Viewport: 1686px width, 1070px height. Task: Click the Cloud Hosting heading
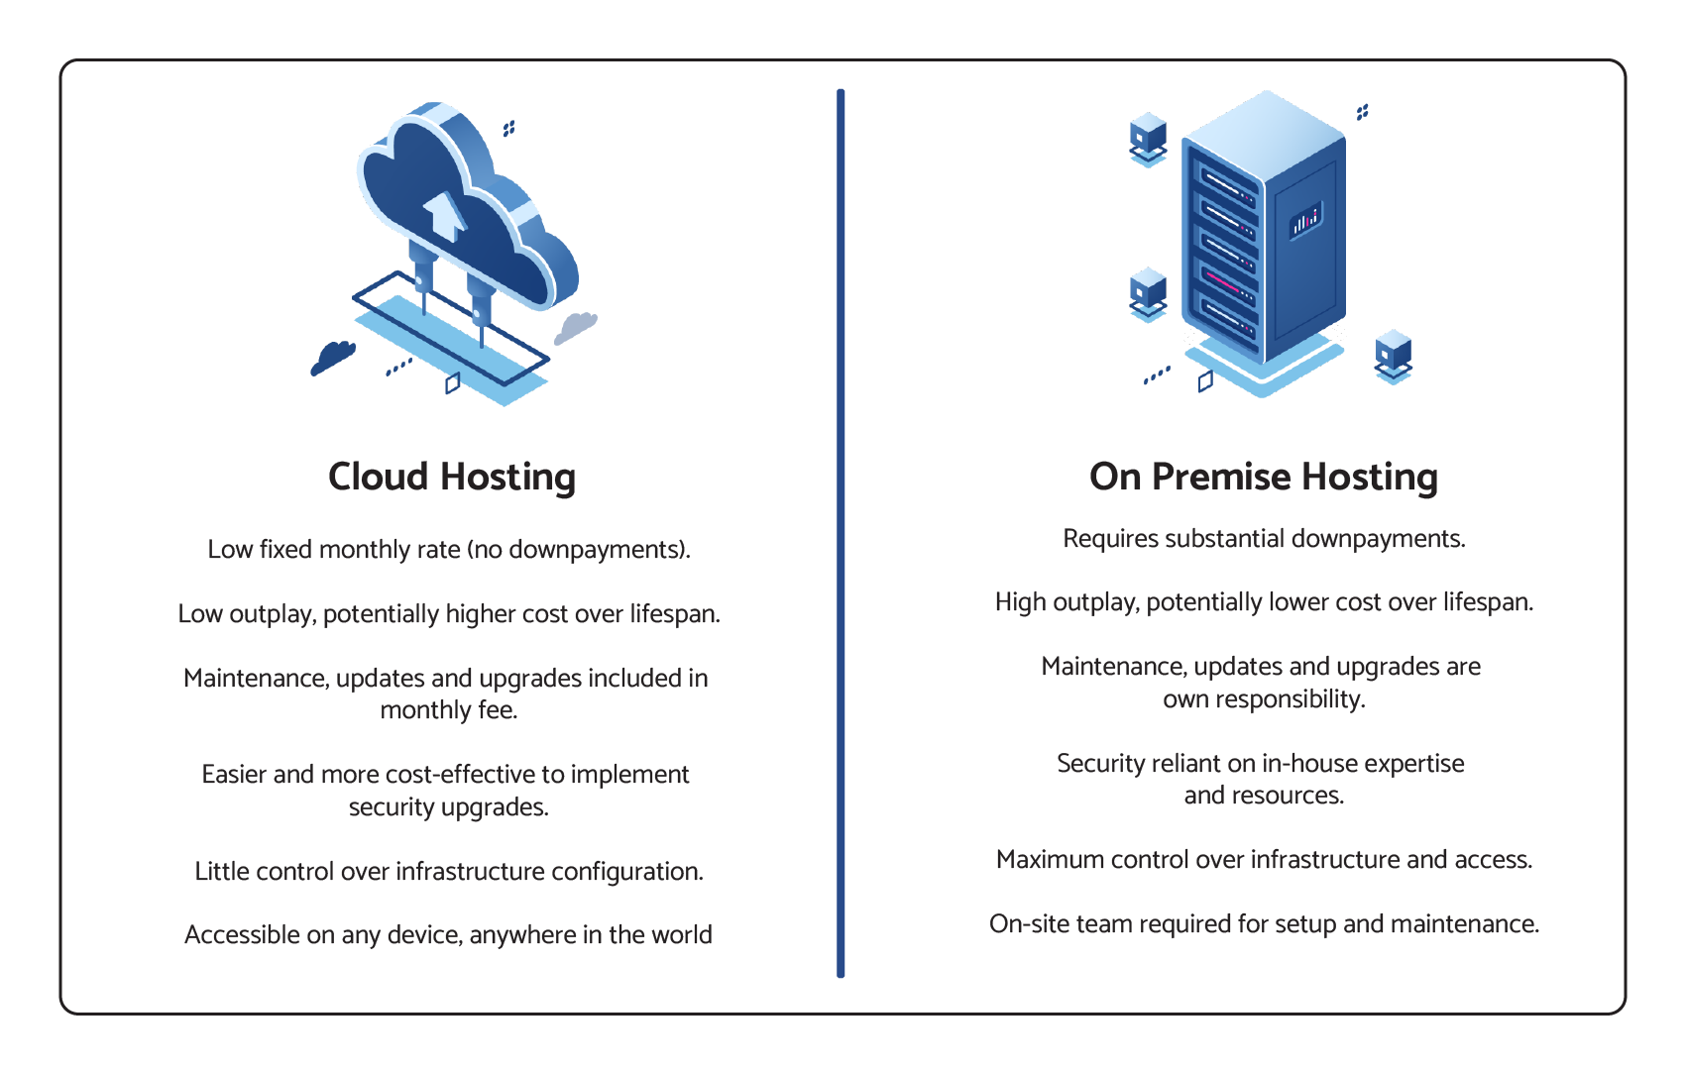point(451,478)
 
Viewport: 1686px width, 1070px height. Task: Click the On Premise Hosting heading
point(1263,478)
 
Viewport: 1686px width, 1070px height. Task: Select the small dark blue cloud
point(333,357)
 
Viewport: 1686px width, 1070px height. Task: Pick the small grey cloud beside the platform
point(575,327)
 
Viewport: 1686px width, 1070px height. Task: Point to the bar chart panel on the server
point(1304,220)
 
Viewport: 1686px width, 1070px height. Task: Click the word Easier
point(234,775)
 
